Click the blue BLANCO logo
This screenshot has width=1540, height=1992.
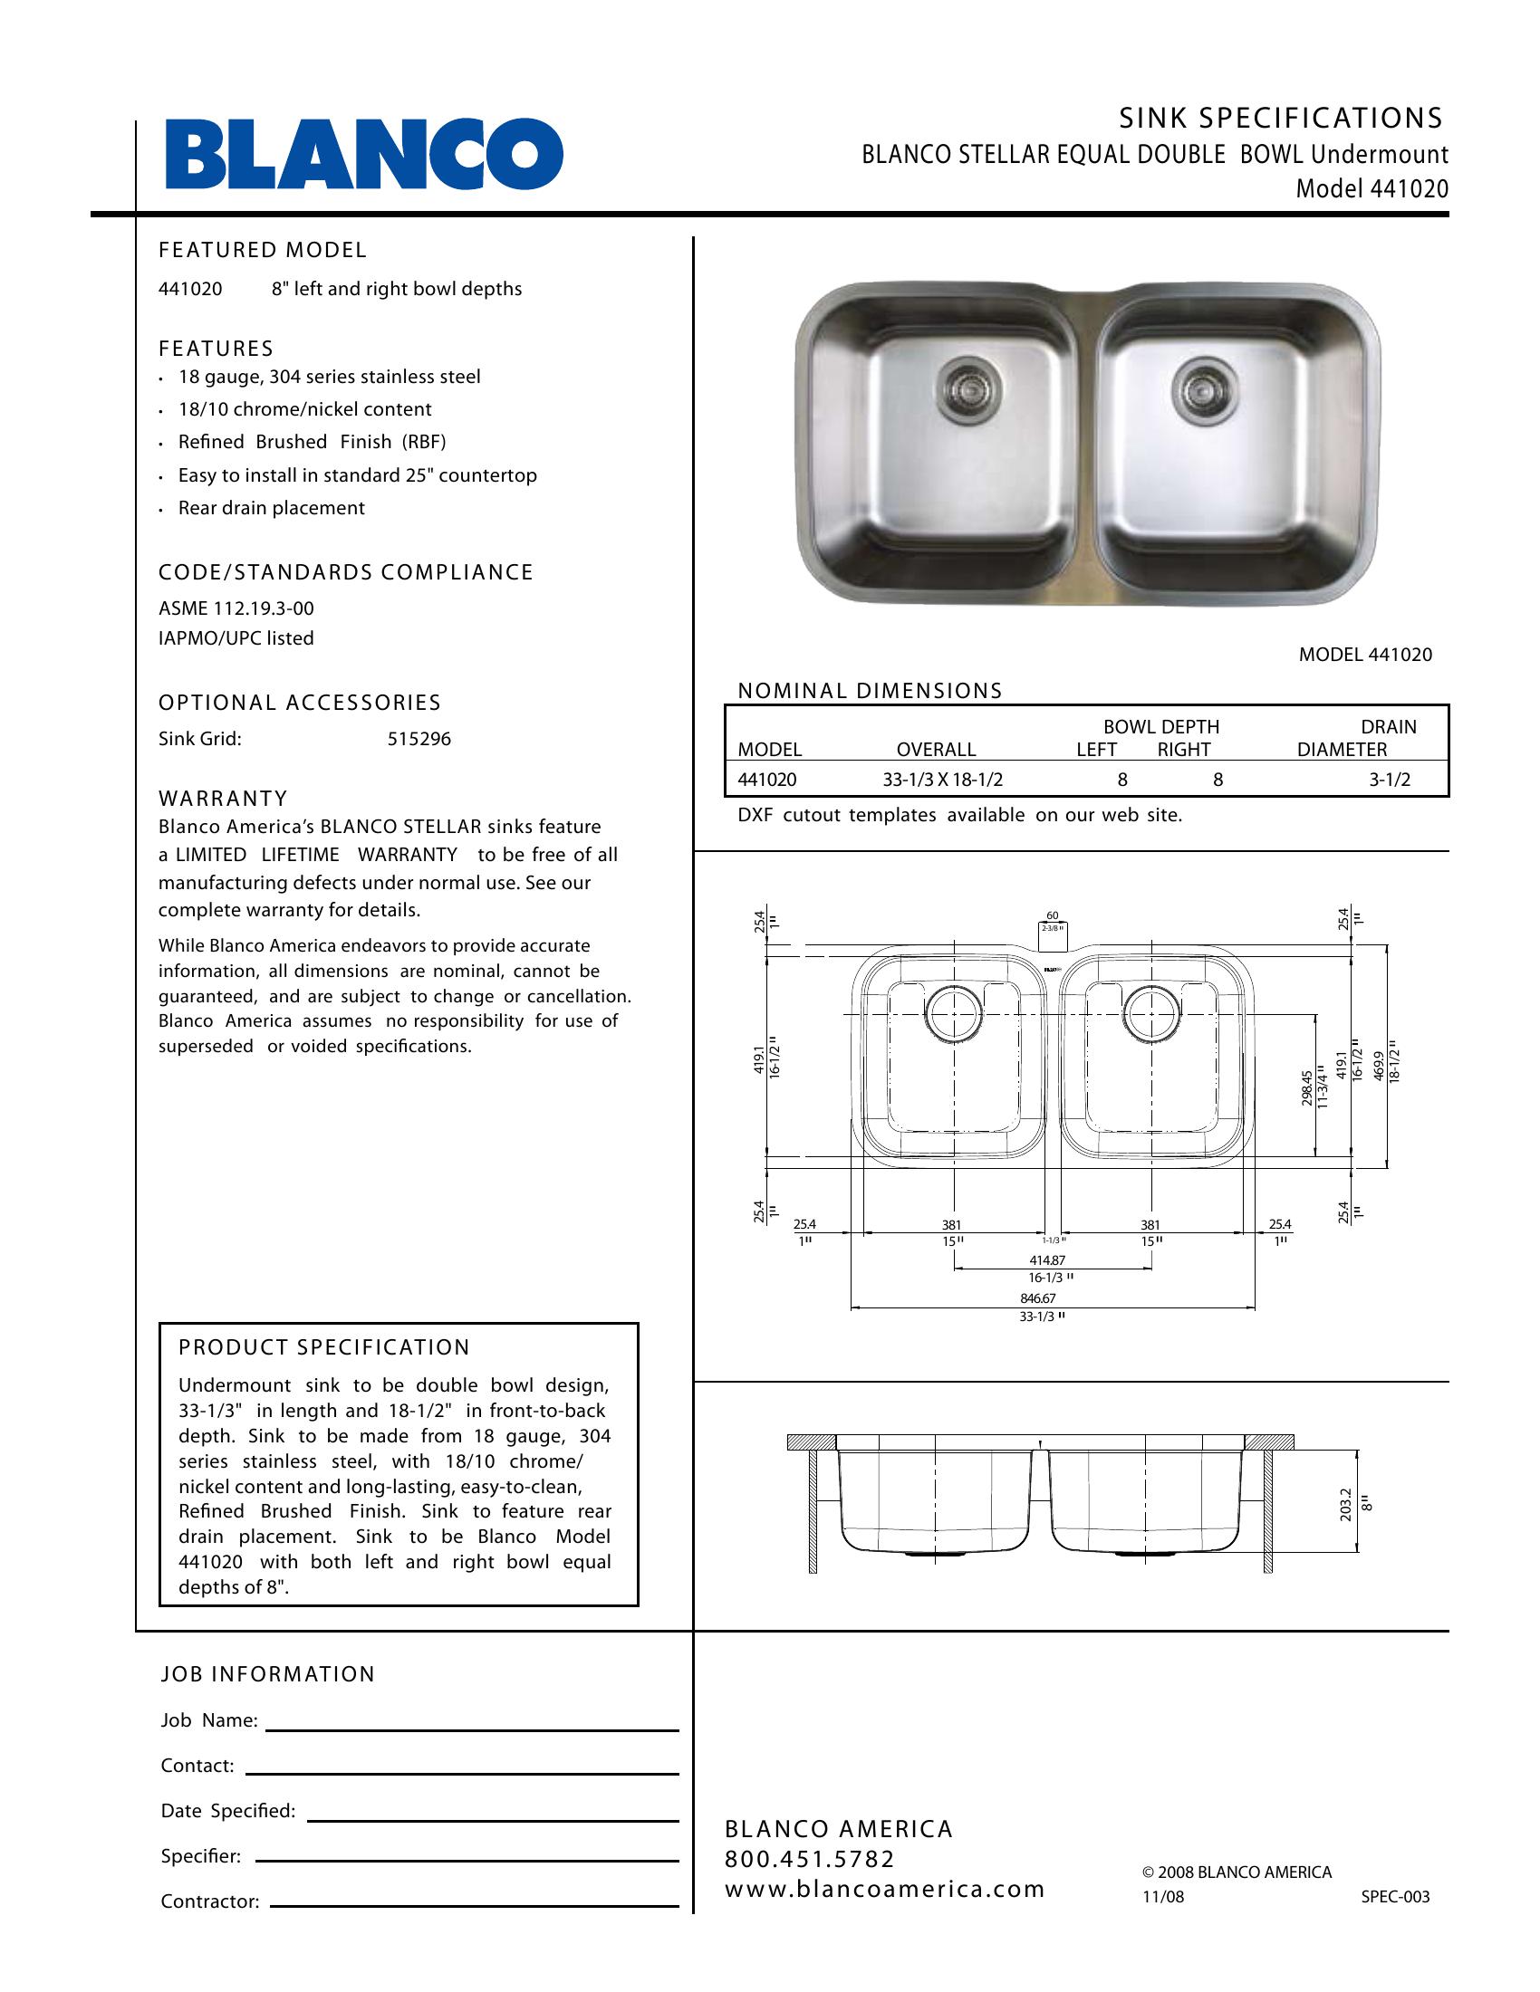[364, 153]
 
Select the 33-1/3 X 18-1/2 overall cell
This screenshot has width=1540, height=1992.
[936, 780]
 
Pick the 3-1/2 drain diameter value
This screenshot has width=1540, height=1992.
[1390, 780]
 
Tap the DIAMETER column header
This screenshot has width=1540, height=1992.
[1342, 750]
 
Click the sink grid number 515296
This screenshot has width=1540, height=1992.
[419, 739]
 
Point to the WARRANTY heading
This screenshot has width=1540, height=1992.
[224, 798]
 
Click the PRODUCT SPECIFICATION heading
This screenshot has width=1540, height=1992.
[325, 1347]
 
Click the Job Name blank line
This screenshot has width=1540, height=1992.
[472, 1729]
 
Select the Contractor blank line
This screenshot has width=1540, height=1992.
[475, 1905]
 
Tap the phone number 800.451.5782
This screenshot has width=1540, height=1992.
[810, 1859]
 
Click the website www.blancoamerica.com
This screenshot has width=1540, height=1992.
[885, 1889]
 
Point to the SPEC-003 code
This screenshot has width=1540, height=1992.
[1395, 1897]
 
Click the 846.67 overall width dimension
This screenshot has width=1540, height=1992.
[1038, 1298]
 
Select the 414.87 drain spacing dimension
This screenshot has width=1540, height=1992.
[1047, 1259]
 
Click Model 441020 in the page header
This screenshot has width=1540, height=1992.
[1372, 189]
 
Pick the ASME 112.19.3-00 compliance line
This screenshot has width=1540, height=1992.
[236, 608]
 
